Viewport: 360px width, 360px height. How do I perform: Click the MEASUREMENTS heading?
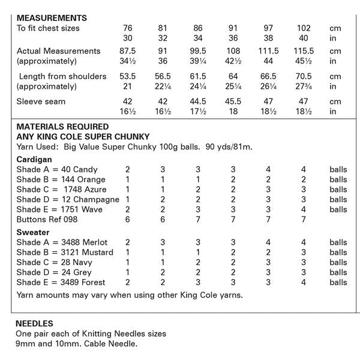[52, 18]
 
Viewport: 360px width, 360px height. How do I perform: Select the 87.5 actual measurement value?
[127, 51]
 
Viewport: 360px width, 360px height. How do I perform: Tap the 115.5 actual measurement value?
[304, 51]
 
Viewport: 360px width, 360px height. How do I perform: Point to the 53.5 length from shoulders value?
[127, 76]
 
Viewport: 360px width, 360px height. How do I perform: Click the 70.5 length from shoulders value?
[304, 76]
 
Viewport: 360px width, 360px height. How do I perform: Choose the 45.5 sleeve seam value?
[234, 101]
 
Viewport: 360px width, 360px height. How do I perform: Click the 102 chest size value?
[304, 28]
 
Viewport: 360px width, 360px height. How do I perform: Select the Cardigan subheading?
[34, 160]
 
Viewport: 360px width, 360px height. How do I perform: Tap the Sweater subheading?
[33, 232]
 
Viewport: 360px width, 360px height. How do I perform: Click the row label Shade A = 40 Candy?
[57, 170]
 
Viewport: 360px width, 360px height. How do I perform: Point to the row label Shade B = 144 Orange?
[61, 179]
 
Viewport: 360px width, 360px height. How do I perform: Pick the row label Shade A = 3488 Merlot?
[62, 242]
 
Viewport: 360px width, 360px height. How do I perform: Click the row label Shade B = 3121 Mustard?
[64, 252]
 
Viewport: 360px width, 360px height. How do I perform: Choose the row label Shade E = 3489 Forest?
[61, 282]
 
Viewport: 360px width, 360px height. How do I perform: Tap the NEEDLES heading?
[34, 323]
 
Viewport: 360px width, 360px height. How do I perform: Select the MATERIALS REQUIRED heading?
[62, 127]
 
